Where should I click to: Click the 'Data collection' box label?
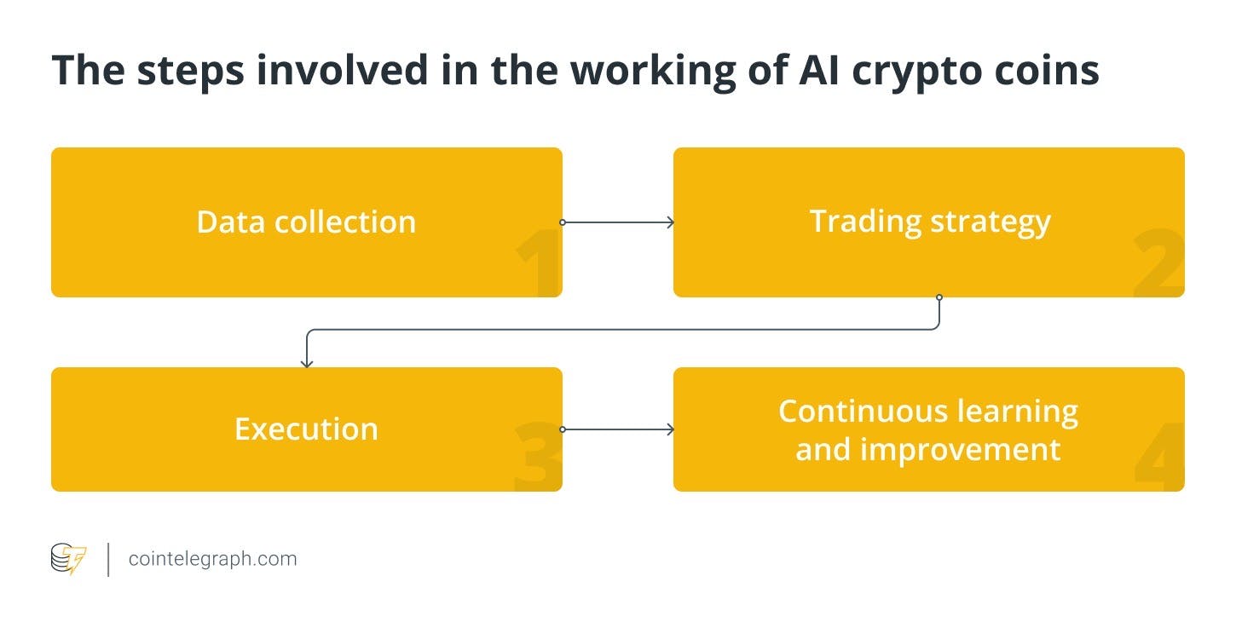click(306, 222)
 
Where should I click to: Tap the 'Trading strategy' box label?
click(929, 222)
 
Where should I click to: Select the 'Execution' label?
click(306, 429)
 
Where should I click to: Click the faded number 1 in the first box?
click(537, 268)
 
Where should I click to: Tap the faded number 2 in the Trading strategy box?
click(1158, 268)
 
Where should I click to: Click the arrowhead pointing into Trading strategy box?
click(670, 222)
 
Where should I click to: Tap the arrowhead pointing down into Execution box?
click(307, 363)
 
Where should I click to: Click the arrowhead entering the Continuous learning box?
click(670, 429)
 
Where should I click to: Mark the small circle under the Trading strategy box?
click(939, 297)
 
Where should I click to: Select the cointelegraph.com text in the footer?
click(212, 559)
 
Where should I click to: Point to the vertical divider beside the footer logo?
click(108, 559)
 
